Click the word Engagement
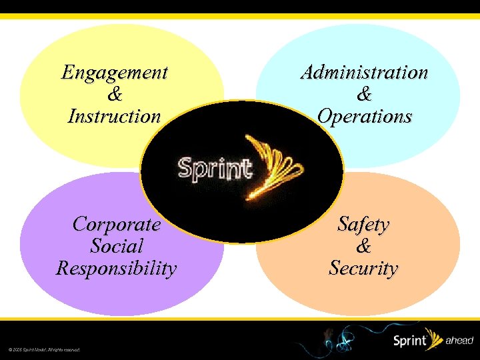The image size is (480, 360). click(115, 72)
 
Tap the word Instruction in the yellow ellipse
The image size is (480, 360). click(115, 116)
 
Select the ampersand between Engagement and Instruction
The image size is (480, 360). click(115, 94)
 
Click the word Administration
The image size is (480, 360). click(364, 72)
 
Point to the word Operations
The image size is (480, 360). click(364, 116)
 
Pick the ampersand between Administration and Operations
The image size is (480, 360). click(364, 94)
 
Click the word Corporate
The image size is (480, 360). click(117, 223)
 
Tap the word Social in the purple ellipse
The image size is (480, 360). click(117, 246)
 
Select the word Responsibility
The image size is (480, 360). click(117, 269)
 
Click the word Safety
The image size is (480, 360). click(363, 223)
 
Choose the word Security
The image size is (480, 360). click(363, 269)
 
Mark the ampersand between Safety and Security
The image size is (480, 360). click(363, 246)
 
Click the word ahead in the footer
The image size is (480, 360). click(460, 340)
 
